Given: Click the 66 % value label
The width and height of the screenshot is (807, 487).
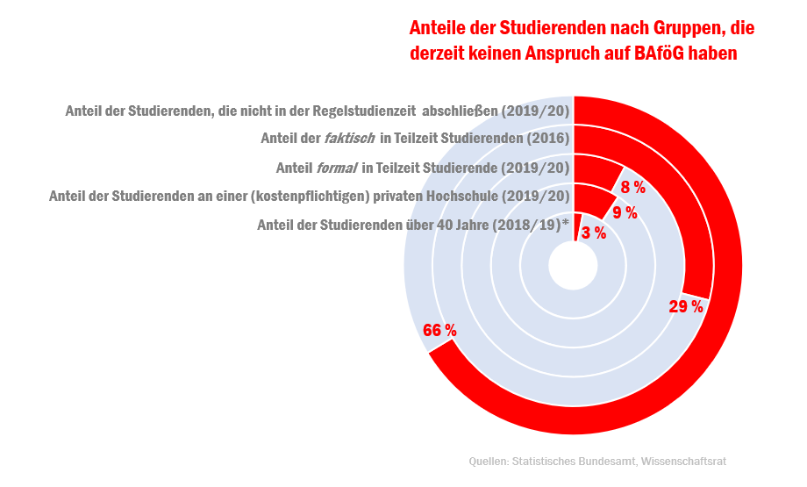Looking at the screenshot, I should [x=439, y=331].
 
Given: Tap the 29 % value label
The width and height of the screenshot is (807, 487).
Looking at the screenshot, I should [x=686, y=306].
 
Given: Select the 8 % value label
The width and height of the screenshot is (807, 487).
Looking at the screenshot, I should [x=632, y=187].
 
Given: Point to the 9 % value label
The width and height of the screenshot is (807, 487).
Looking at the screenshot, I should [x=624, y=212].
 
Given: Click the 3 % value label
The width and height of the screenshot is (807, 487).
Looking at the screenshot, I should [x=594, y=233].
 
